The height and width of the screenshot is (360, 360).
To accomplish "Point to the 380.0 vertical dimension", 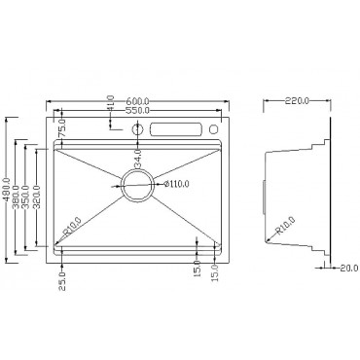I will pyautogui.click(x=19, y=195).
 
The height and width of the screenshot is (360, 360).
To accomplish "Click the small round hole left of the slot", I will pyautogui.click(x=138, y=129).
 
